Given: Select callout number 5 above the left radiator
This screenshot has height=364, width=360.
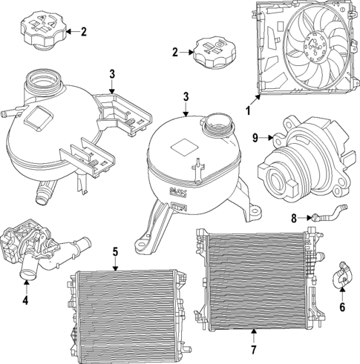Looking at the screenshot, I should pyautogui.click(x=115, y=251).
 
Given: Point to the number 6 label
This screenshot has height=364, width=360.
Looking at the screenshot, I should pyautogui.click(x=341, y=306).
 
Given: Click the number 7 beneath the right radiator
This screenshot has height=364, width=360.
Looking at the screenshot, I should pyautogui.click(x=252, y=348).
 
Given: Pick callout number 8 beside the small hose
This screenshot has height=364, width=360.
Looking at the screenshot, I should pyautogui.click(x=293, y=218).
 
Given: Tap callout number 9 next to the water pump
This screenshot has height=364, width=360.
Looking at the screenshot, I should pyautogui.click(x=255, y=136).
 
